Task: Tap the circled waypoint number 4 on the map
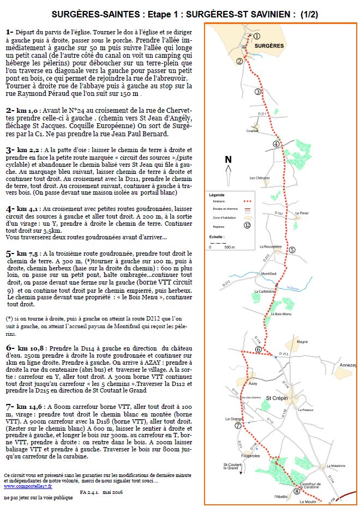point(276,144)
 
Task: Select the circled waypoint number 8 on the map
point(296,491)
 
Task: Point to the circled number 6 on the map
point(259,349)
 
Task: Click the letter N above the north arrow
point(228,160)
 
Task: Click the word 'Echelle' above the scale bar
point(217,238)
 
